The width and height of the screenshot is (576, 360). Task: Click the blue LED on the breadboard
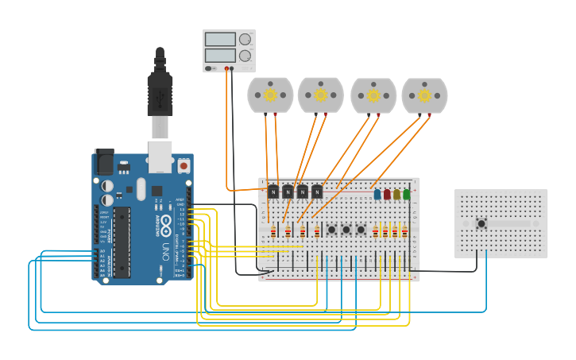click(377, 193)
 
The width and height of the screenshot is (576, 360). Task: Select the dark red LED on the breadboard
click(387, 193)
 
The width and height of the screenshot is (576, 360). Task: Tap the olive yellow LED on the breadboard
click(396, 193)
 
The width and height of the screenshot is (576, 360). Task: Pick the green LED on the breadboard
click(406, 193)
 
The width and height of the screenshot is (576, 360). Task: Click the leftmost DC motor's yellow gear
click(270, 95)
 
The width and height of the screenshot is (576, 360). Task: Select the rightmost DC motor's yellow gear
click(424, 95)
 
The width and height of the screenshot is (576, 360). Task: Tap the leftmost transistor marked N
click(273, 192)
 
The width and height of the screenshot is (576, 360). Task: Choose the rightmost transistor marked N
click(317, 192)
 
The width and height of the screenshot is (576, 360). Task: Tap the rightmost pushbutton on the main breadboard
click(360, 230)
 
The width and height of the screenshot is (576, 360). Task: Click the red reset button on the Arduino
click(184, 166)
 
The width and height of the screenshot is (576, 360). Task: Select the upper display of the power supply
click(221, 39)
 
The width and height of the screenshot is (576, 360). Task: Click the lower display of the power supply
click(221, 56)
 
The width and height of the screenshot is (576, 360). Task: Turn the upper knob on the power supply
click(245, 39)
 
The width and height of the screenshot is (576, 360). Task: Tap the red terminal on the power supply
click(226, 69)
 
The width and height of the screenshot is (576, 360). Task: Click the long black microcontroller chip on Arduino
click(122, 242)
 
